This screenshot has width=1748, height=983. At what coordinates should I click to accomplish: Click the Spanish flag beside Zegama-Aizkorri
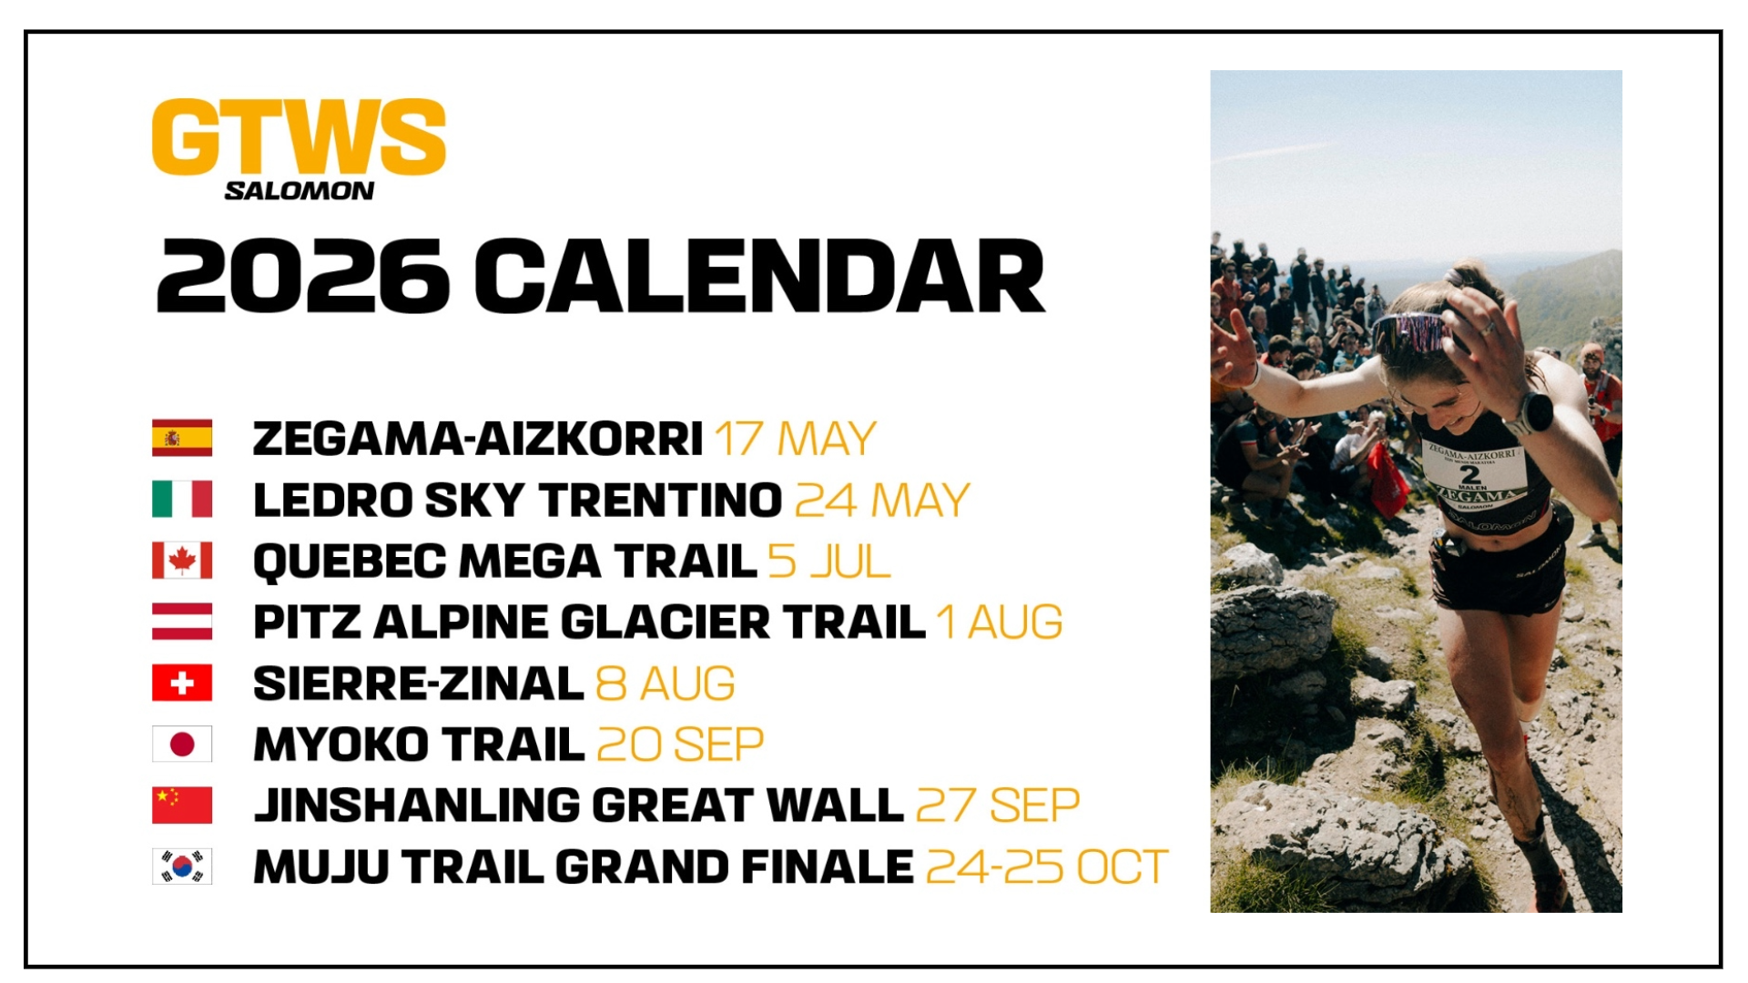click(x=182, y=438)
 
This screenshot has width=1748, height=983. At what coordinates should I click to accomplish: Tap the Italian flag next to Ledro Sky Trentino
click(x=182, y=500)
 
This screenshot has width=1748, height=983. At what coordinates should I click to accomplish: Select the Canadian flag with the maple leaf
click(x=182, y=561)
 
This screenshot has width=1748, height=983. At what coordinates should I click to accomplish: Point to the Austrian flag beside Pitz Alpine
click(x=182, y=622)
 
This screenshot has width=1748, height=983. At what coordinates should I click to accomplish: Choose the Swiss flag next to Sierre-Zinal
click(x=182, y=683)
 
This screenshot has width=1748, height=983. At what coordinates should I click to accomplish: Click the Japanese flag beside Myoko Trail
click(x=182, y=745)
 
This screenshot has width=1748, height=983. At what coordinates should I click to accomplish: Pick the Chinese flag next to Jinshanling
click(x=182, y=806)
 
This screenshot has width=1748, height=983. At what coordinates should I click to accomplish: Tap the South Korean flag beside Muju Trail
click(x=182, y=866)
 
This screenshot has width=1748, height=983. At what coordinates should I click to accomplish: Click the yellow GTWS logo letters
click(x=299, y=137)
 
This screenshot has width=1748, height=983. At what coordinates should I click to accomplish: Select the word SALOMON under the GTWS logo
click(x=299, y=191)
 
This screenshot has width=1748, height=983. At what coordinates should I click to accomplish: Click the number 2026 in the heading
click(x=302, y=277)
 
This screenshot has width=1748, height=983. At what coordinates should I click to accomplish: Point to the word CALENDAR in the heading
click(x=759, y=277)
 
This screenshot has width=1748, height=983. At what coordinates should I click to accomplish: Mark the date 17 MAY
click(x=795, y=439)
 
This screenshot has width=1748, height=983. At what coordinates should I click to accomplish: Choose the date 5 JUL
click(x=828, y=562)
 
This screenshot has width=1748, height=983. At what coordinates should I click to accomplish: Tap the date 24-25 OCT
click(x=1047, y=867)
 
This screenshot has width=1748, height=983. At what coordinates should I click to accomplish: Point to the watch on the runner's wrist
click(x=1536, y=412)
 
